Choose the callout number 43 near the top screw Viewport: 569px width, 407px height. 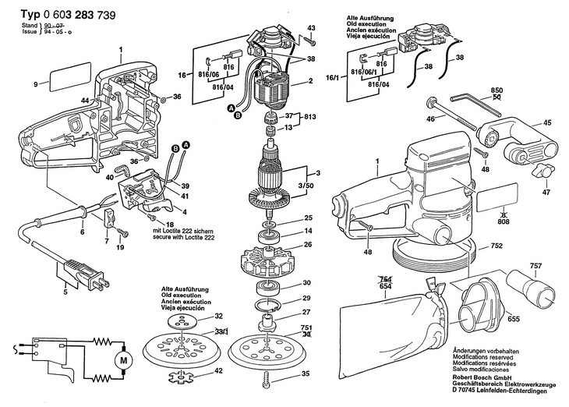pos(311,28)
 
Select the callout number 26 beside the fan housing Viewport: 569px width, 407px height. pos(308,245)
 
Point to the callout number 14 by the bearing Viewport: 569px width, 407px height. pos(309,232)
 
